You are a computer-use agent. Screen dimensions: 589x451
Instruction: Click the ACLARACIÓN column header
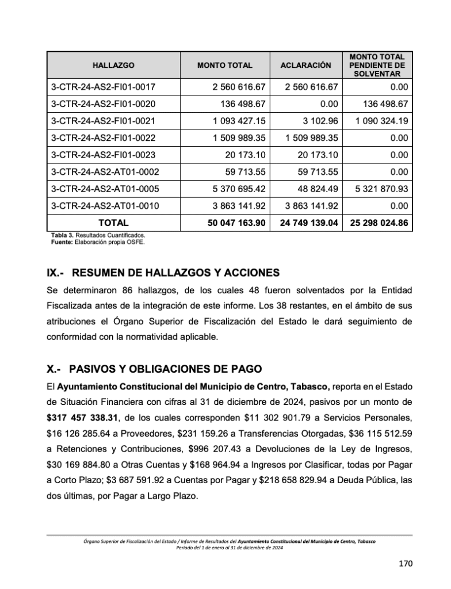pyautogui.click(x=305, y=66)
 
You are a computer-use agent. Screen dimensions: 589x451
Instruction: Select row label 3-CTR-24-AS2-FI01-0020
pyautogui.click(x=104, y=104)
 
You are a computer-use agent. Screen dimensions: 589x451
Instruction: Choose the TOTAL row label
pyautogui.click(x=113, y=223)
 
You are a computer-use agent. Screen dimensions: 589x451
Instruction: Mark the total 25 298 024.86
pyautogui.click(x=378, y=223)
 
